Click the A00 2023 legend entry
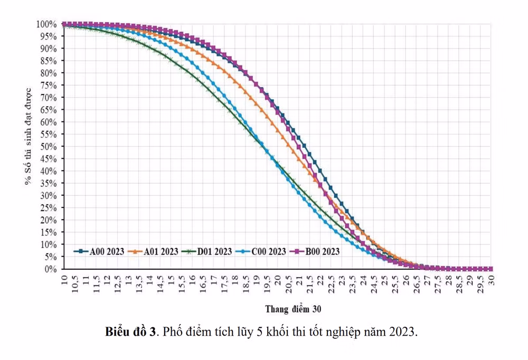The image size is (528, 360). tap(99, 252)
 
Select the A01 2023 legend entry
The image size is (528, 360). tap(153, 252)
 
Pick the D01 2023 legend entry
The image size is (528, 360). tap(207, 252)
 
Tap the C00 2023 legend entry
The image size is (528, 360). tap(261, 252)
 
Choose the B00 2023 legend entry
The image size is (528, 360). tap(315, 252)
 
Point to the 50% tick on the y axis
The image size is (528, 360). tap(49, 147)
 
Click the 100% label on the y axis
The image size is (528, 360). tap(46, 24)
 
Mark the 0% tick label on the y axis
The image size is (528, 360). tap(51, 269)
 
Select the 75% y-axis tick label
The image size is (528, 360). tap(49, 85)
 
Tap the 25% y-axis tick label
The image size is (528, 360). tap(49, 208)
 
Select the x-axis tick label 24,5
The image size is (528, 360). tap(374, 284)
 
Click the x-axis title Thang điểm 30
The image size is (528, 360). tap(293, 309)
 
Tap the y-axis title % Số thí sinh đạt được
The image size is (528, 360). tap(28, 136)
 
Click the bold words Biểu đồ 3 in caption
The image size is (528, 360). tap(130, 331)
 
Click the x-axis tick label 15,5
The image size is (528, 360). tap(182, 284)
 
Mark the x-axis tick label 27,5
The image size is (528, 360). tap(438, 284)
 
